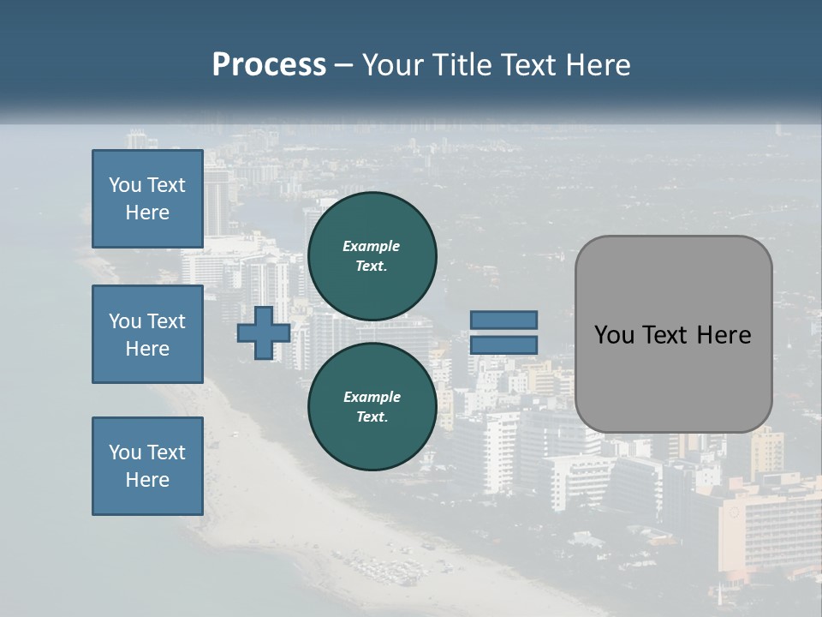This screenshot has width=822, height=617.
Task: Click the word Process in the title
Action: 269,65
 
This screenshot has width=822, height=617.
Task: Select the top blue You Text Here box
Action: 147,199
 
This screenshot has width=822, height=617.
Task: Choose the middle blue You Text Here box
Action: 147,334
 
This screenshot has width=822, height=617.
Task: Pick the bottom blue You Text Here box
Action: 147,466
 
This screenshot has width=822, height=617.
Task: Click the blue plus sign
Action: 264,332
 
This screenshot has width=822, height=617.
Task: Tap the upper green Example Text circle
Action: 372,256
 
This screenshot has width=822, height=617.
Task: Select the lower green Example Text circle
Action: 372,407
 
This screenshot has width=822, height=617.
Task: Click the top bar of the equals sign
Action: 503,320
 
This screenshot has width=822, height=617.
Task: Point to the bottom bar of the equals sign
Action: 503,345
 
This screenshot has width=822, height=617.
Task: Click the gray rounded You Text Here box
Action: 673,334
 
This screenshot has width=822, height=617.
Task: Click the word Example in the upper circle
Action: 372,246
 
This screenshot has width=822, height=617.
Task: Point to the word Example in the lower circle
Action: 372,397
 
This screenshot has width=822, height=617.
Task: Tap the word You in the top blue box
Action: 125,185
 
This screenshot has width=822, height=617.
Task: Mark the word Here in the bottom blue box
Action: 147,480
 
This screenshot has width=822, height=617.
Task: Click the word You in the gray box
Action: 613,335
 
